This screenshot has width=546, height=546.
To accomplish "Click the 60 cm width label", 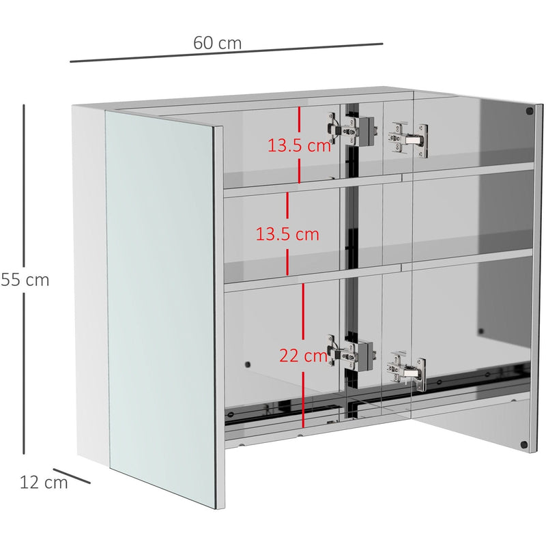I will point(217,42).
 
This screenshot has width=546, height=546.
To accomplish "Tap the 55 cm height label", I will point(25,280).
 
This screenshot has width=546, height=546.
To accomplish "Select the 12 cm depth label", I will point(44,483).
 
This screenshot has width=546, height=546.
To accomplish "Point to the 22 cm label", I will point(303,356).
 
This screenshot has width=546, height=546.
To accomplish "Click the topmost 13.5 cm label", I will point(299,145).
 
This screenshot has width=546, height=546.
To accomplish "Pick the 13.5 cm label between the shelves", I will point(287,234).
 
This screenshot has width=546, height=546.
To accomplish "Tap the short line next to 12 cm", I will point(72,476).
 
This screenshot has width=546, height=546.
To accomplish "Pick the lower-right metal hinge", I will point(407,371).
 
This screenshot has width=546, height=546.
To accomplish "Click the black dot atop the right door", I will point(529,111).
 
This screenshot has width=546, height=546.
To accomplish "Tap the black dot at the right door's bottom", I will point(524,444).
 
